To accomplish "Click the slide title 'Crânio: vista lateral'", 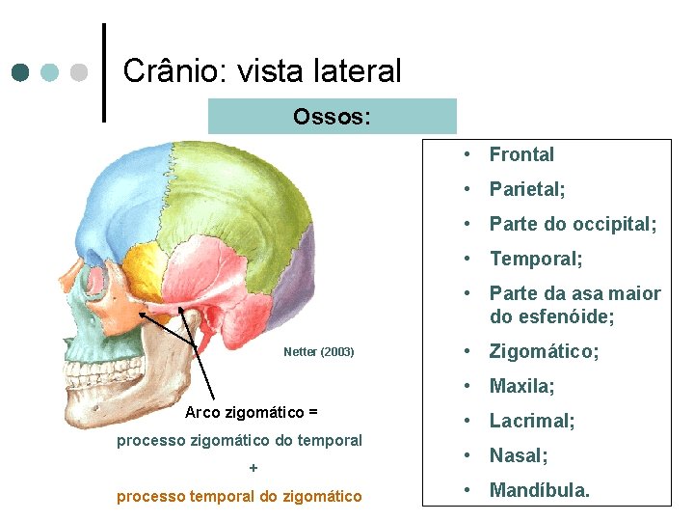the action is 262,70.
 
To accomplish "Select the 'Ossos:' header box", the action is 332,117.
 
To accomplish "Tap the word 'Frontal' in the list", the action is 521,154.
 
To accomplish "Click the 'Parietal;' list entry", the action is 527,189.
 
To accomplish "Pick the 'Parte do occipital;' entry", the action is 573,224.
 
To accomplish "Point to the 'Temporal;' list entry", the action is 536,259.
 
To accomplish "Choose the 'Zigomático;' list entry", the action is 544,351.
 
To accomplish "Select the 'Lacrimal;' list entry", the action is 532,421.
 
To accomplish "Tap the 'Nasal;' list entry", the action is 519,455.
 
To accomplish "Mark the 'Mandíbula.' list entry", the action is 540,490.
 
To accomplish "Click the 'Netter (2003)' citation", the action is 319,352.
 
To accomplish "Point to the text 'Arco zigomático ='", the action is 252,413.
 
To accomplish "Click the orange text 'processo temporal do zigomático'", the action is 239,497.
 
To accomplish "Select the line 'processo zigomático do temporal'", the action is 239,441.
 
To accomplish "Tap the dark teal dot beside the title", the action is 21,72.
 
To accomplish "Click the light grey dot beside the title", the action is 80,72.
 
